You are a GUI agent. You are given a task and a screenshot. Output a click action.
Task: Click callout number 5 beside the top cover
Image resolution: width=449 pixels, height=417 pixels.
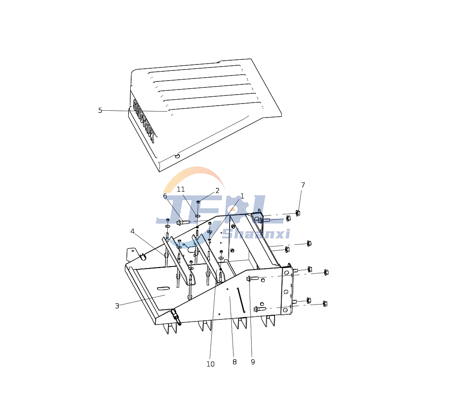click(100, 111)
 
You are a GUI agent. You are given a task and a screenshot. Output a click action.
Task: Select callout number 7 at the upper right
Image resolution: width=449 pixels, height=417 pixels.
click(303, 185)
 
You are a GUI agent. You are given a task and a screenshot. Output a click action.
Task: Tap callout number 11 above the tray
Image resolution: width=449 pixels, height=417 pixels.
click(181, 190)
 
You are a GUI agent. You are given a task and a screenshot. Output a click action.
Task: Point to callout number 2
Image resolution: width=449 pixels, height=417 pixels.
click(217, 191)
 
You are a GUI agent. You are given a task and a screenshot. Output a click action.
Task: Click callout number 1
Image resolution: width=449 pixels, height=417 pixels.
click(242, 196)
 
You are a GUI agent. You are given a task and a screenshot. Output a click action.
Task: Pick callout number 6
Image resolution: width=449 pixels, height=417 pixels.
click(165, 196)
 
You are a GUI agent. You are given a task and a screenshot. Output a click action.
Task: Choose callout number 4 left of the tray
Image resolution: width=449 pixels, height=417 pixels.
click(132, 232)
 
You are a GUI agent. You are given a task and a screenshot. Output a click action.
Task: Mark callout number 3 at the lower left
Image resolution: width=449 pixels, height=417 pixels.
click(117, 306)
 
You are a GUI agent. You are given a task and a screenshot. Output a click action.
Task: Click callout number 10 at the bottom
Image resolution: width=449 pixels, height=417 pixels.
click(210, 364)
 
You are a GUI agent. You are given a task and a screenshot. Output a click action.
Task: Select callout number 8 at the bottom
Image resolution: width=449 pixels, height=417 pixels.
click(234, 362)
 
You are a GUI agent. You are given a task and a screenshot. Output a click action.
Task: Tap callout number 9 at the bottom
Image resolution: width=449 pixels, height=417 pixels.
click(253, 362)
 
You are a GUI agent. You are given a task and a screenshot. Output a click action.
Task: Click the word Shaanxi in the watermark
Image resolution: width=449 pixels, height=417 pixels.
click(256, 234)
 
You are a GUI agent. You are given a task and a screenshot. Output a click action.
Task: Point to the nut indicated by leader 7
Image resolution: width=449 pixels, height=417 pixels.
click(298, 213)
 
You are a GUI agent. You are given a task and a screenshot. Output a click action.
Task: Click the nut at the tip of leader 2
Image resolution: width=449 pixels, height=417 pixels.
click(198, 202)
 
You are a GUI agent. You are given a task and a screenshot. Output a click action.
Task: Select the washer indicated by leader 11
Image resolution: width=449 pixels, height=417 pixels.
click(198, 216)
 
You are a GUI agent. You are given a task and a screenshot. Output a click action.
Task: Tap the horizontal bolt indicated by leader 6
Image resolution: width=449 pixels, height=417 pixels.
click(183, 222)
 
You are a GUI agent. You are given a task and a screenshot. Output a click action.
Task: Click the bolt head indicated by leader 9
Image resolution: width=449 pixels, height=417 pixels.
click(249, 278)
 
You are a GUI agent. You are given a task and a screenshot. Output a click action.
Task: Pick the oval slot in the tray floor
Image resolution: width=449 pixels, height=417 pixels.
click(163, 288)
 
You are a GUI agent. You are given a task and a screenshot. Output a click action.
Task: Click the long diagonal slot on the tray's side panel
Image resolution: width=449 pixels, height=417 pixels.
click(241, 300)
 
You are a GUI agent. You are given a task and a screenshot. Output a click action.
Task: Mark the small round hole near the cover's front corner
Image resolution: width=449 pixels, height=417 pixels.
click(177, 156)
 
